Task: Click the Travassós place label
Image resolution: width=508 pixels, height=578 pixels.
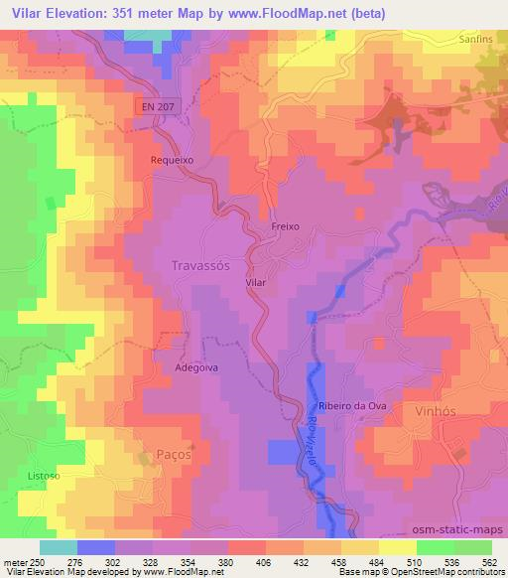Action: click(201, 266)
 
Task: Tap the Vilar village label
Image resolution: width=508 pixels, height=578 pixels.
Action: click(256, 283)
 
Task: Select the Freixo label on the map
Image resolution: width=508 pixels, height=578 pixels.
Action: click(286, 227)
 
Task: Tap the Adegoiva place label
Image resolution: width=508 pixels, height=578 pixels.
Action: click(195, 367)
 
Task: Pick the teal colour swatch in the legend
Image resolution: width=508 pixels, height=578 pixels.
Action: click(58, 547)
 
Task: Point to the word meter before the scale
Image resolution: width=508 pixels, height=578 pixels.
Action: click(13, 563)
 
